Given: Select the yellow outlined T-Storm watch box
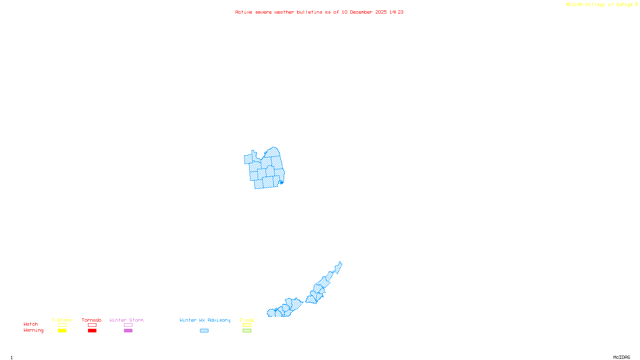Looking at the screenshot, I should click(62, 325).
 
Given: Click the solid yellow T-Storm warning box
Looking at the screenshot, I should click(62, 331).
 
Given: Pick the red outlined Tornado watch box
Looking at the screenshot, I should click(92, 325).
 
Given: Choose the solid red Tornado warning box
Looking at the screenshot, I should click(92, 331).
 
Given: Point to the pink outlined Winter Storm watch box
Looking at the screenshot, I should click(128, 325).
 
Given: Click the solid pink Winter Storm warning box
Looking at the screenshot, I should click(128, 331).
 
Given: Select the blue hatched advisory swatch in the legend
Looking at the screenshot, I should click(204, 331).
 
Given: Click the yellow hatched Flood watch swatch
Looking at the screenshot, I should click(247, 325).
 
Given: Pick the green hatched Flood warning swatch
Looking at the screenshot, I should click(247, 331).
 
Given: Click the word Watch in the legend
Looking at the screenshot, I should click(31, 324).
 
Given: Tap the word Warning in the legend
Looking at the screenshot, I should click(33, 330).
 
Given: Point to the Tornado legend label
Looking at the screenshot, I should click(92, 320).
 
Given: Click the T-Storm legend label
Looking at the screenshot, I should click(62, 320).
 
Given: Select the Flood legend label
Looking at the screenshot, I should click(247, 320).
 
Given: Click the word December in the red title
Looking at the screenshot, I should click(361, 12).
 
